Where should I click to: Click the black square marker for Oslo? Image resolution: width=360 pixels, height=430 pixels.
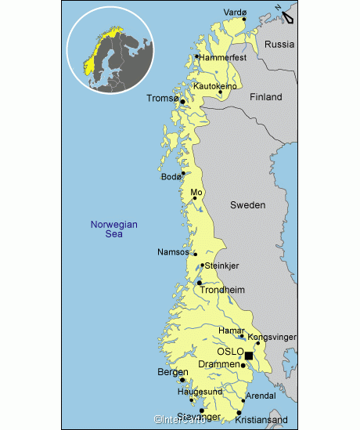tap(249, 356)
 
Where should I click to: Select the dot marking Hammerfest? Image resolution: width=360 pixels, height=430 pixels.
tap(196, 56)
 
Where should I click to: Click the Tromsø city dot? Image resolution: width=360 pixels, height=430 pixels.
tap(182, 101)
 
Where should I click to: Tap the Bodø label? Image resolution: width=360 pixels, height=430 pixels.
tap(171, 177)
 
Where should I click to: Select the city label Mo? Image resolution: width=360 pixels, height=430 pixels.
tap(196, 191)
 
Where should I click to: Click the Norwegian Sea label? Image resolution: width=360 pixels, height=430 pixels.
tap(113, 229)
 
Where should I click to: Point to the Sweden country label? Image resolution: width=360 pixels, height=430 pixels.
tap(247, 205)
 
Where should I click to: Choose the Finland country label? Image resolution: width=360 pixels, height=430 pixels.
tap(265, 97)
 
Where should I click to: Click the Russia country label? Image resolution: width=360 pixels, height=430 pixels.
tap(279, 45)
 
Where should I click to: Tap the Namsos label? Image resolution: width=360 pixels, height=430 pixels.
tap(174, 252)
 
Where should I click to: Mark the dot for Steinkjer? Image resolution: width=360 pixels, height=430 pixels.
tap(202, 266)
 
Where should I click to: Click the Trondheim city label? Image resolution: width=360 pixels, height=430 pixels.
tap(223, 290)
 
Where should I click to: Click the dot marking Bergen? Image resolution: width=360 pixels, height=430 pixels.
tap(182, 381)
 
